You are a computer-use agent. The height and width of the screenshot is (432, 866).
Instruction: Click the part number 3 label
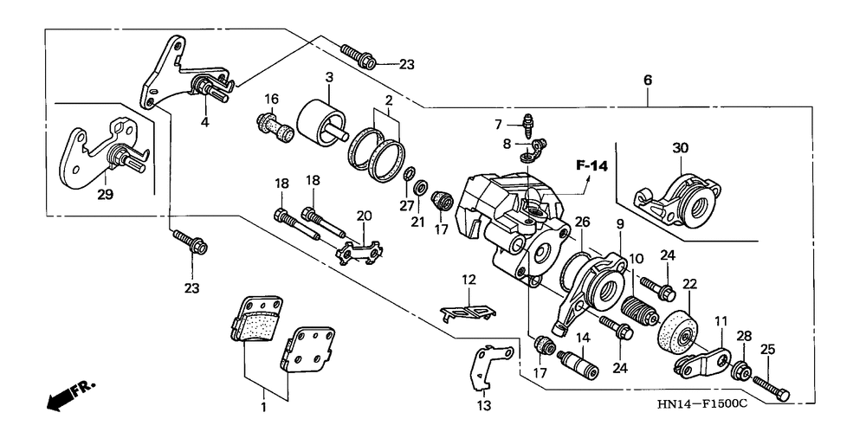pos(329,77)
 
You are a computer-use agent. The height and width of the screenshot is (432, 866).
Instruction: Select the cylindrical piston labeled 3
pos(322,124)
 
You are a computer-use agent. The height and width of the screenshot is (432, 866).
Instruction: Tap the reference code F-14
pos(591,165)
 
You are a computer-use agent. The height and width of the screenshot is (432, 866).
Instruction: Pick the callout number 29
pos(106,195)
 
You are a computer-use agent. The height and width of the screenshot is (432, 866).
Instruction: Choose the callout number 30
pos(681,148)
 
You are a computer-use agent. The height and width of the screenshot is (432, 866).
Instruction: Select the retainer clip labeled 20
pos(360,250)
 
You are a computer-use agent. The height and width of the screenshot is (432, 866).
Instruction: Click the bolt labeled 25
pos(770,387)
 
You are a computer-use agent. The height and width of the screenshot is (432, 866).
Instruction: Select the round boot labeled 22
pos(677,332)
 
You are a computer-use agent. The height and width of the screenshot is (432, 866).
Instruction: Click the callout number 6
pos(647,81)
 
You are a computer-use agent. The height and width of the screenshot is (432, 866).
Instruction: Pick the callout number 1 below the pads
pos(264,408)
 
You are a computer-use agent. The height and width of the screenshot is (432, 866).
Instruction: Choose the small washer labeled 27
pos(409,175)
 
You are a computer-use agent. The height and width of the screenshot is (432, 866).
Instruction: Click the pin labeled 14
pos(578,364)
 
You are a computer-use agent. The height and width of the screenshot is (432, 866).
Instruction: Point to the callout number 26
pos(582,222)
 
